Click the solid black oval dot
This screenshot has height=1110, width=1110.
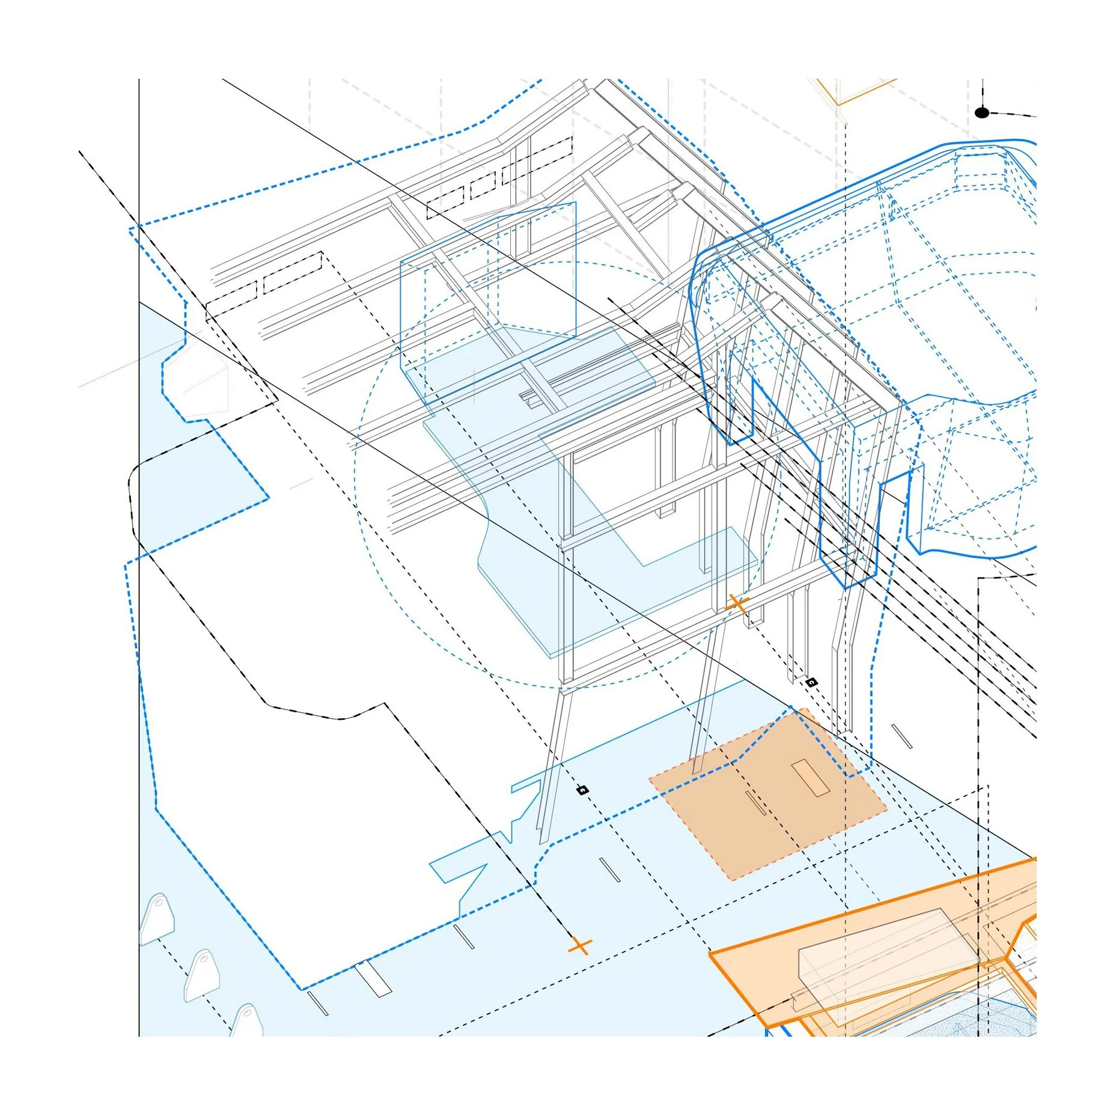(981, 113)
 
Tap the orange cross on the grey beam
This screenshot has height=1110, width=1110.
(737, 603)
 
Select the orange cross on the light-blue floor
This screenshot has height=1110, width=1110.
(579, 947)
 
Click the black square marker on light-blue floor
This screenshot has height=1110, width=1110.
(582, 790)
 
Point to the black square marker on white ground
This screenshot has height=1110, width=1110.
(811, 682)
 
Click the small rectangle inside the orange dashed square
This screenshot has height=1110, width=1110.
(811, 778)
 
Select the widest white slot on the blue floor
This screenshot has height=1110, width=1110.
(373, 980)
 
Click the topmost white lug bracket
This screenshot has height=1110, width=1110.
(157, 917)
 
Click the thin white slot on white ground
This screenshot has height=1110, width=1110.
(901, 737)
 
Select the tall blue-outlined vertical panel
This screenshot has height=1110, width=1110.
(488, 300)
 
